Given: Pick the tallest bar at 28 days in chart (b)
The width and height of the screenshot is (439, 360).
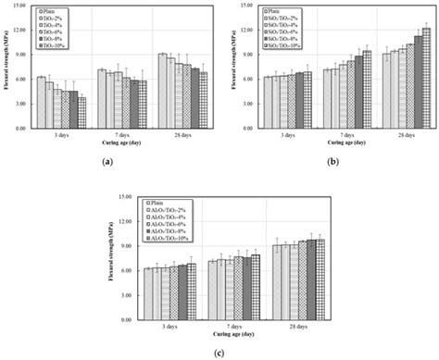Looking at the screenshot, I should tap(426, 78).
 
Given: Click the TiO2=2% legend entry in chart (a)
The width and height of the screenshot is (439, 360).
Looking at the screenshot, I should tap(56, 17).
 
